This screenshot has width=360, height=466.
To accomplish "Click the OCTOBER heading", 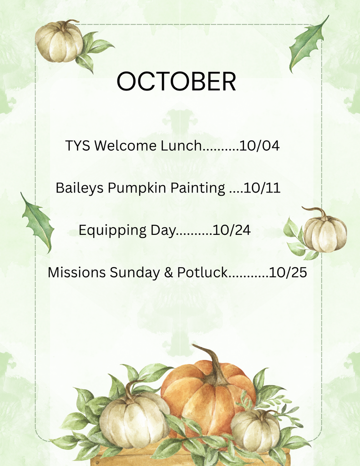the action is pyautogui.click(x=176, y=81).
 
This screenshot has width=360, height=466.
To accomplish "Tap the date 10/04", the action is pyautogui.click(x=259, y=146).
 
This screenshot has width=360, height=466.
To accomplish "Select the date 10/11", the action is pyautogui.click(x=262, y=188).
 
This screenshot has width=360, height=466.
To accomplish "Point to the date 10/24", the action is pyautogui.click(x=232, y=230).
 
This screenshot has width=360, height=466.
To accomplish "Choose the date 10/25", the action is pyautogui.click(x=288, y=272).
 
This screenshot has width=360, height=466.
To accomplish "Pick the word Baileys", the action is pyautogui.click(x=80, y=188).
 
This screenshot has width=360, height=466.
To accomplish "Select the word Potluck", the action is pyautogui.click(x=202, y=272).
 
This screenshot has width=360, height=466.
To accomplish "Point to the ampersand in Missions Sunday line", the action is pyautogui.click(x=168, y=273).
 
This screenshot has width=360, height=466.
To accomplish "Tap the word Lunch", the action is pyautogui.click(x=181, y=146).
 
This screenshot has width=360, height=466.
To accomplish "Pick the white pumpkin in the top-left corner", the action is pyautogui.click(x=59, y=41).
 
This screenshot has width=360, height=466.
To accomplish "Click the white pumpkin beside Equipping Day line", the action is pyautogui.click(x=325, y=230).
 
